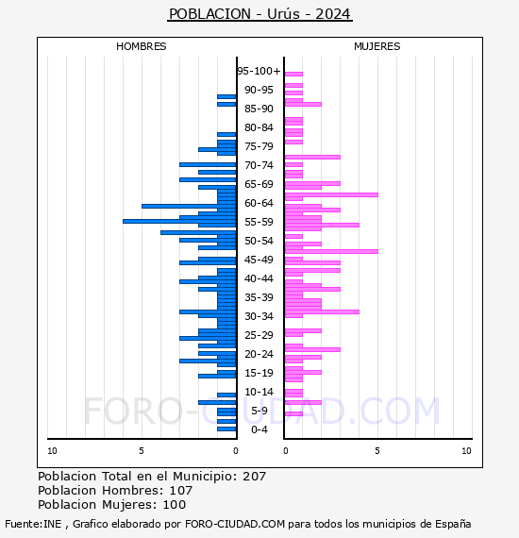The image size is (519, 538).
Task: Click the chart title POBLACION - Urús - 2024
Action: pos(260,14)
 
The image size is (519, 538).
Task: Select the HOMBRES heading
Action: pos(141,46)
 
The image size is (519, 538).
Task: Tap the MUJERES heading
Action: pos(377,46)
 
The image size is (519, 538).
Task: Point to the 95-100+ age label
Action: pos(259,71)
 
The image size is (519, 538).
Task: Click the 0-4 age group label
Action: pos(259,429)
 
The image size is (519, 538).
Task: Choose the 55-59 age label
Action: pos(259,222)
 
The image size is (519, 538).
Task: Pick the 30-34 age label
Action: pos(259,316)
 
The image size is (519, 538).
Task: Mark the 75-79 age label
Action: pos(259,146)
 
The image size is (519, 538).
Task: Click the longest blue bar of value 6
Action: pos(179,221)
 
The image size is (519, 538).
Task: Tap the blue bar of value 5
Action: pos(189,206)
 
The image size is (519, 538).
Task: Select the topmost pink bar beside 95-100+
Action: pos(293,75)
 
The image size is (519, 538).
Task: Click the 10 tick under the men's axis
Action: pos(52,451)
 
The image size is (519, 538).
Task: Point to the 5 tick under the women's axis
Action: pos(377,451)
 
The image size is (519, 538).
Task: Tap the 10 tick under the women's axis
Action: pos(466,451)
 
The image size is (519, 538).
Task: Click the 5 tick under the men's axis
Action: pos(142,451)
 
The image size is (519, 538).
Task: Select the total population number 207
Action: pos(254,477)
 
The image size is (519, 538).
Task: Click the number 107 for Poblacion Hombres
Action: pos(181,490)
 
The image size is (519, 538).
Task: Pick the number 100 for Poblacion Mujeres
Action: pos(175,504)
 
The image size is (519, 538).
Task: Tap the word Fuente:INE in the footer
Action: pos(33,524)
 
